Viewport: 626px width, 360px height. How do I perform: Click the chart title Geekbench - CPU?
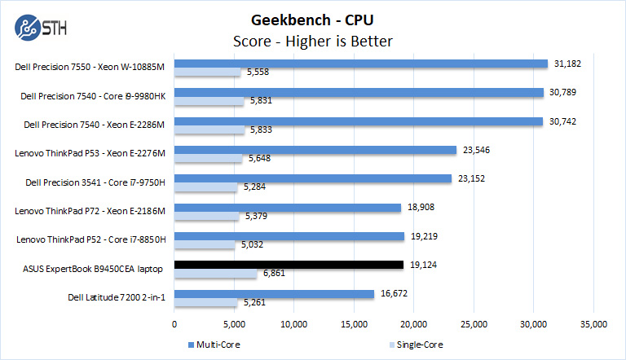(x=314, y=20)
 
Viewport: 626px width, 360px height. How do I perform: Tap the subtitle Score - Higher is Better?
(x=314, y=41)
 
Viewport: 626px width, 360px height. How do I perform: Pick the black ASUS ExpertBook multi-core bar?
(x=289, y=265)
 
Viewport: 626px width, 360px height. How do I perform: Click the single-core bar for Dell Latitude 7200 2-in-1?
(x=205, y=303)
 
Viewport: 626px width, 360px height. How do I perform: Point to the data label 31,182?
(x=568, y=63)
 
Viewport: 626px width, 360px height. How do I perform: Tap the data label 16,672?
(x=395, y=293)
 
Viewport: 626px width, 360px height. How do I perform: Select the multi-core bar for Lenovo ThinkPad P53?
(x=315, y=150)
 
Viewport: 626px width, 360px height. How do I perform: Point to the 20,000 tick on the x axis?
(x=413, y=324)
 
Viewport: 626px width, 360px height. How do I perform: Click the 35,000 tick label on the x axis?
(x=593, y=324)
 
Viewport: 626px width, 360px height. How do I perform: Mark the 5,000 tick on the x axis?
(x=233, y=324)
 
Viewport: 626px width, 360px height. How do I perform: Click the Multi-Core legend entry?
(x=216, y=345)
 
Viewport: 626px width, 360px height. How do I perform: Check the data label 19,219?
(x=425, y=236)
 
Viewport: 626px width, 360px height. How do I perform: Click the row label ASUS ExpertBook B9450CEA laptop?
(x=95, y=268)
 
